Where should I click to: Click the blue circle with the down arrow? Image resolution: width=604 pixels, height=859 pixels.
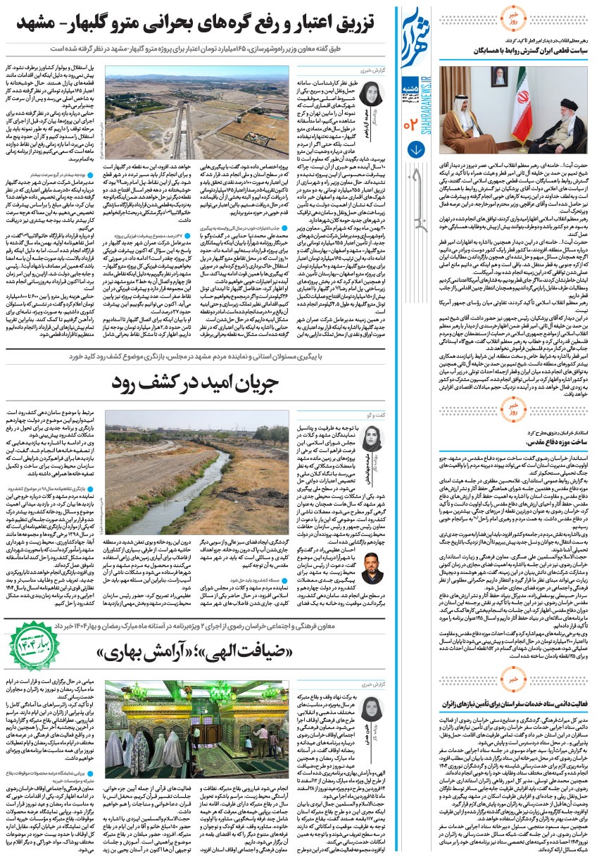tap(416, 150)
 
